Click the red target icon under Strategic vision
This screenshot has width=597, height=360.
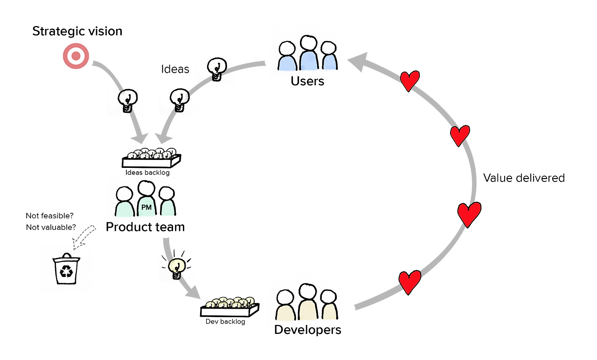click(76, 56)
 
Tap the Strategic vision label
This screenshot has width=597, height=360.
click(77, 31)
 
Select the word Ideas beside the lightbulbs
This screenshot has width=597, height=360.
click(175, 69)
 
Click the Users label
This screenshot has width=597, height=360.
click(307, 81)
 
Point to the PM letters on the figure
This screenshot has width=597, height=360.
click(146, 208)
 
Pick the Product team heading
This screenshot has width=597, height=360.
click(145, 227)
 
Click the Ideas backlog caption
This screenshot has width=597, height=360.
click(147, 173)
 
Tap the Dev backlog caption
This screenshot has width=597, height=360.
click(225, 322)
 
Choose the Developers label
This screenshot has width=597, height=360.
click(307, 330)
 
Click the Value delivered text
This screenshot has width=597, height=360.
click(524, 178)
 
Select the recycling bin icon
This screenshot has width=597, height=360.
click(66, 269)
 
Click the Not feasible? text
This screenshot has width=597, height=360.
click(49, 215)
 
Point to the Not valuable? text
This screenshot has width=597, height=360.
click(51, 227)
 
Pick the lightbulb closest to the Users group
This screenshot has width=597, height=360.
click(217, 69)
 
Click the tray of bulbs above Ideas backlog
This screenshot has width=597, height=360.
click(152, 158)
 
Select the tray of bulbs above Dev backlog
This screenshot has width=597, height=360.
click(230, 307)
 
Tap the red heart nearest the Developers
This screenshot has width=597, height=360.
click(410, 283)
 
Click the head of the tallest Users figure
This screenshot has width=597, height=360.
click(309, 43)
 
